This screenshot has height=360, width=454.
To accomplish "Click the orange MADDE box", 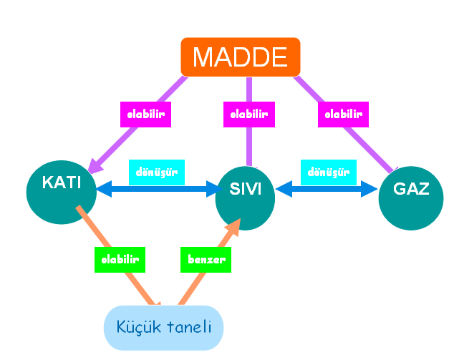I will coord(240,57).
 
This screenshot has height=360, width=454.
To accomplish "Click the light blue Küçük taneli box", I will coord(164,328).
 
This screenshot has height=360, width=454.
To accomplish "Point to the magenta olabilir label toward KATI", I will coord(144,114).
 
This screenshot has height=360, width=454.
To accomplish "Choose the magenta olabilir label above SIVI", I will coord(248,114).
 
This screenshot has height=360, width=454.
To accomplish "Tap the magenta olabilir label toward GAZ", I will coord(342,114).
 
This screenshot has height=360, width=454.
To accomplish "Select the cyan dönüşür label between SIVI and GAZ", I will coord(329,172).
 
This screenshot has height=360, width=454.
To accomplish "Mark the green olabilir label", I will coord(120,259).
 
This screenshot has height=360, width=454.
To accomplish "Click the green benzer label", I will coord(206,259).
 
